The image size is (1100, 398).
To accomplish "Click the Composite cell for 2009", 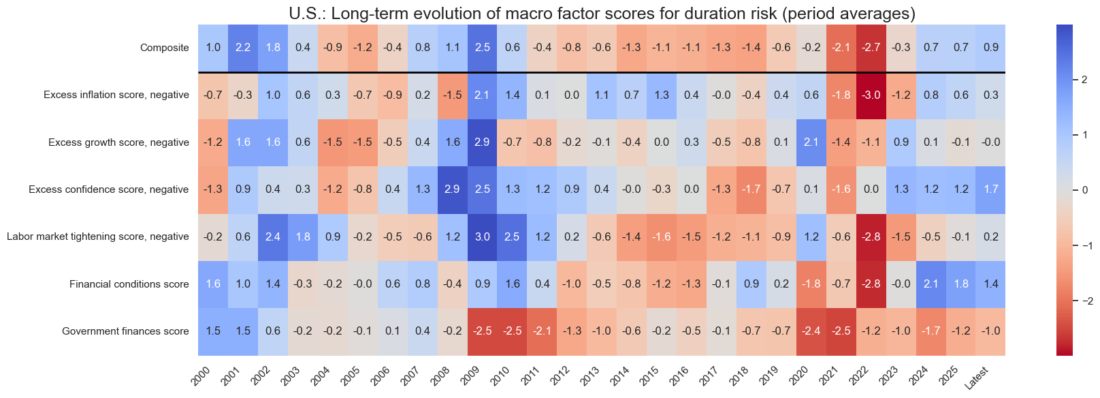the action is point(482,48).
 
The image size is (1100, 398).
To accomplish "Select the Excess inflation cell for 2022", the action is point(871,95).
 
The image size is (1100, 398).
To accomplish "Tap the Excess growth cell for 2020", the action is point(811,142).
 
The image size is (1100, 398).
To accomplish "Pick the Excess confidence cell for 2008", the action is point(452,189).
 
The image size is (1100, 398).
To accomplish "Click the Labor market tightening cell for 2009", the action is point(482,237).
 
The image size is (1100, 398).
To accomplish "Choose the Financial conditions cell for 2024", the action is point(931,284).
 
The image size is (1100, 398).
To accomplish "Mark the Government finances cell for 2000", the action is point(213,331).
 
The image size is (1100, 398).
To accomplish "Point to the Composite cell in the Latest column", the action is point(990,48).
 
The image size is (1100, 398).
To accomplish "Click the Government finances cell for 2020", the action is point(811,331).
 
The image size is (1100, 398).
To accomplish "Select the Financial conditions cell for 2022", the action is point(871,284).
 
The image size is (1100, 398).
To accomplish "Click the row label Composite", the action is point(165,48).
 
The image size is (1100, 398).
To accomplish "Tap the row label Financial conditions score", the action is point(129,284).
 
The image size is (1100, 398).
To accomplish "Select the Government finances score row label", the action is point(125,331).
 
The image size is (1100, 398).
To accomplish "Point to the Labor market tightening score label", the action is point(98,237).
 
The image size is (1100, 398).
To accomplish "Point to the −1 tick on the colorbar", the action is point(1080,245).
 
